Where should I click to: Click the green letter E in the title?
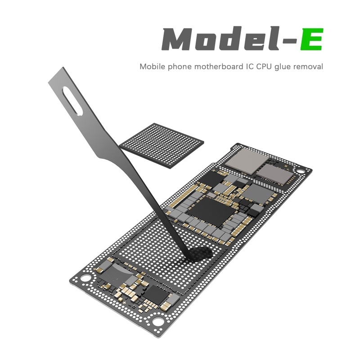tap(311, 39)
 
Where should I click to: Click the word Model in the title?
tap(220, 39)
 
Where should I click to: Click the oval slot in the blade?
tap(72, 100)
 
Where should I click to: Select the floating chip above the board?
tap(162, 146)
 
